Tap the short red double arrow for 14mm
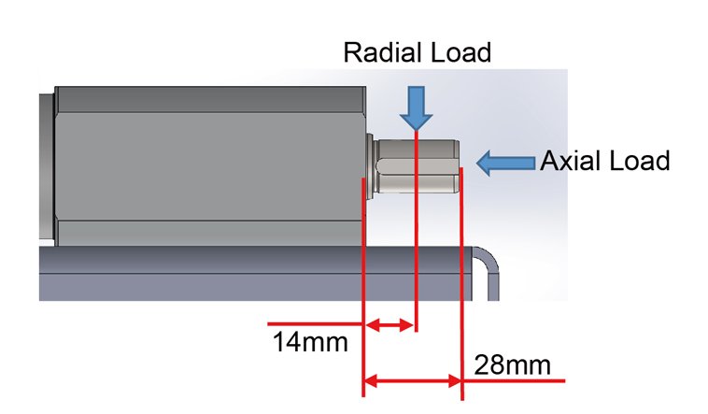point(389,325)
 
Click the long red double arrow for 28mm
point(412,380)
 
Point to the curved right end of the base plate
point(491,271)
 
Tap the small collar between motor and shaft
point(370,163)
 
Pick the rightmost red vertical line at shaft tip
point(461,280)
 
